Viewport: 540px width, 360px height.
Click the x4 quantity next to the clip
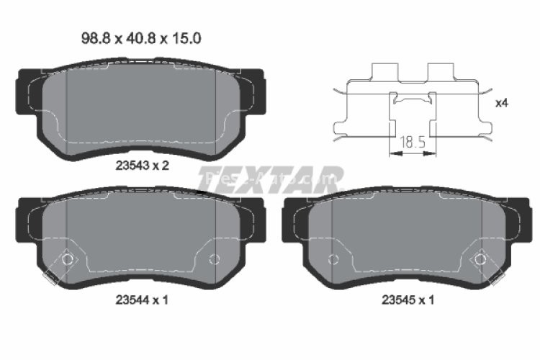[x=502, y=103]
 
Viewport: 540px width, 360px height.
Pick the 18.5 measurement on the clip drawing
[x=413, y=143]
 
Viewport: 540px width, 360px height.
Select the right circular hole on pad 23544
[x=213, y=259]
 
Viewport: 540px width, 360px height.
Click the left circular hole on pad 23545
[x=333, y=259]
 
